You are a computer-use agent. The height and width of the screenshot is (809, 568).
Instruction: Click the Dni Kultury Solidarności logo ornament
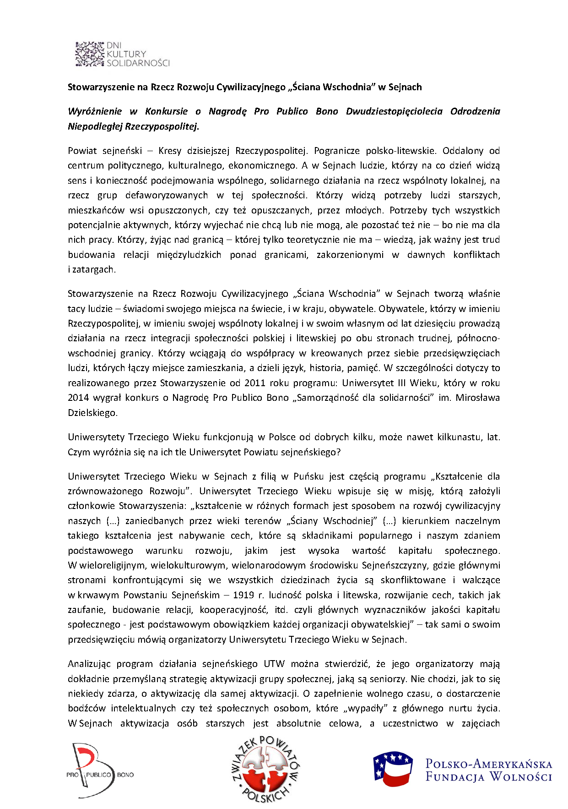[x=90, y=54]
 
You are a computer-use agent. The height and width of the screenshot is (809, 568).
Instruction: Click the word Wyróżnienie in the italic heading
[x=95, y=111]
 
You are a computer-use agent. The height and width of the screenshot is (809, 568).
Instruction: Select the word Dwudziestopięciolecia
[x=394, y=111]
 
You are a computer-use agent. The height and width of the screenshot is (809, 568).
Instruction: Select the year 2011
[x=255, y=383]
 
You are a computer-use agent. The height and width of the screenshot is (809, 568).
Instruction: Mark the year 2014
[x=78, y=398]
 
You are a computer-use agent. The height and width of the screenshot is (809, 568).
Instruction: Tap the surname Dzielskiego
[x=92, y=413]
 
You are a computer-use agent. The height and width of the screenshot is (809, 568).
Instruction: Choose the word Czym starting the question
[x=78, y=452]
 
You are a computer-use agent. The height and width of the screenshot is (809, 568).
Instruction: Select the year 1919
[x=243, y=595]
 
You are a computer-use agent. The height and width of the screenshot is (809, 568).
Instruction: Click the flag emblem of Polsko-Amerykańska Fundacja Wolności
[x=393, y=768]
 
